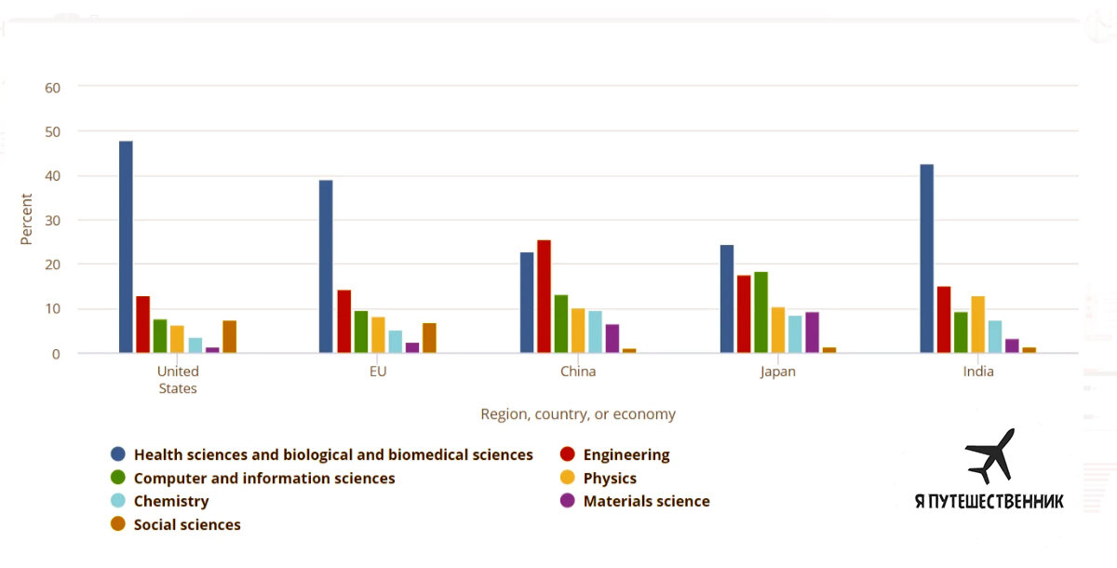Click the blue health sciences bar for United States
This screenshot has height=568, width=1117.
click(x=126, y=247)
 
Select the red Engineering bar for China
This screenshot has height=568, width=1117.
click(x=544, y=296)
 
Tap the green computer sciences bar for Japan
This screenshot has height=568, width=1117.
click(x=760, y=312)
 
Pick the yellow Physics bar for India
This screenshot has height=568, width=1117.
click(x=977, y=324)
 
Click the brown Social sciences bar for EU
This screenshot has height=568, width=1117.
click(x=429, y=338)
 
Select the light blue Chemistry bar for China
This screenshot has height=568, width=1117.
click(x=595, y=331)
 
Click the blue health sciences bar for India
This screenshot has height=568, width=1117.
click(x=926, y=259)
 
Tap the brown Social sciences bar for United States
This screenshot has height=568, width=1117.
click(x=229, y=336)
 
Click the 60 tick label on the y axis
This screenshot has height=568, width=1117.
click(x=52, y=88)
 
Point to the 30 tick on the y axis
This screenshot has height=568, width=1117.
click(x=52, y=221)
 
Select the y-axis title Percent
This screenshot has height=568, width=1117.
click(x=26, y=220)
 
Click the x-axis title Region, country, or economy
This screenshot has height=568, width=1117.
click(x=578, y=414)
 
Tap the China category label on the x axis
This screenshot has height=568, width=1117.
click(x=578, y=372)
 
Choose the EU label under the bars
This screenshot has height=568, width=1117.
click(x=377, y=372)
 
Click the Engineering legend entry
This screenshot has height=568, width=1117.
click(x=626, y=455)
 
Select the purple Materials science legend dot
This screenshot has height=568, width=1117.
click(x=566, y=502)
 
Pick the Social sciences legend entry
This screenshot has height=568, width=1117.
click(x=186, y=525)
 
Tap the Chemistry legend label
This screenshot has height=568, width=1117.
click(x=171, y=502)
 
